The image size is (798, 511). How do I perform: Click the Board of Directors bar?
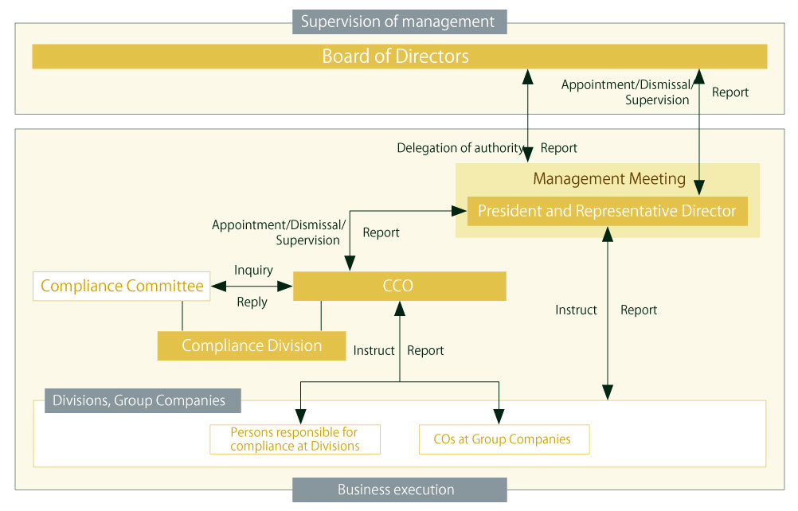[399, 57]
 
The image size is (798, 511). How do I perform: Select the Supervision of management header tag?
[398, 21]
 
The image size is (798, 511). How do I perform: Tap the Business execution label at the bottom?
[398, 490]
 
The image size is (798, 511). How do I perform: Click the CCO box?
[399, 286]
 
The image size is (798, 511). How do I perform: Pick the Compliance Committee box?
[122, 286]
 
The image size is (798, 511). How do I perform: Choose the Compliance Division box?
[251, 345]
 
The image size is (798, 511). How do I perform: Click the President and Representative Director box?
[607, 211]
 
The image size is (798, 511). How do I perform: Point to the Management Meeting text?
[608, 178]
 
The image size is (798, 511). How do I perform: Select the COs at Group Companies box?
[503, 439]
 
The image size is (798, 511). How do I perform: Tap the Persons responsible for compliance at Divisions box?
[295, 439]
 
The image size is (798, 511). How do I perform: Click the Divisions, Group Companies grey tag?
[138, 400]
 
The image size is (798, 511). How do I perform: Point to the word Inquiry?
[253, 271]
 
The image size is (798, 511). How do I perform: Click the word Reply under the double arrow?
[252, 302]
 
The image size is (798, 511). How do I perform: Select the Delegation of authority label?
[460, 148]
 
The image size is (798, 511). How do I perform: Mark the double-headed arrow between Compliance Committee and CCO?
[252, 286]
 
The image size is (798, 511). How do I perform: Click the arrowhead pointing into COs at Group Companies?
[499, 416]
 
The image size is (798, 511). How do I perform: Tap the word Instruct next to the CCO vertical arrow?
[374, 350]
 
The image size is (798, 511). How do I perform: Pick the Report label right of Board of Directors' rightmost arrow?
[730, 92]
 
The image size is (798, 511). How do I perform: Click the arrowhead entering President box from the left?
[460, 211]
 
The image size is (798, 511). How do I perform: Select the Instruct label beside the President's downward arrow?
[575, 310]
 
